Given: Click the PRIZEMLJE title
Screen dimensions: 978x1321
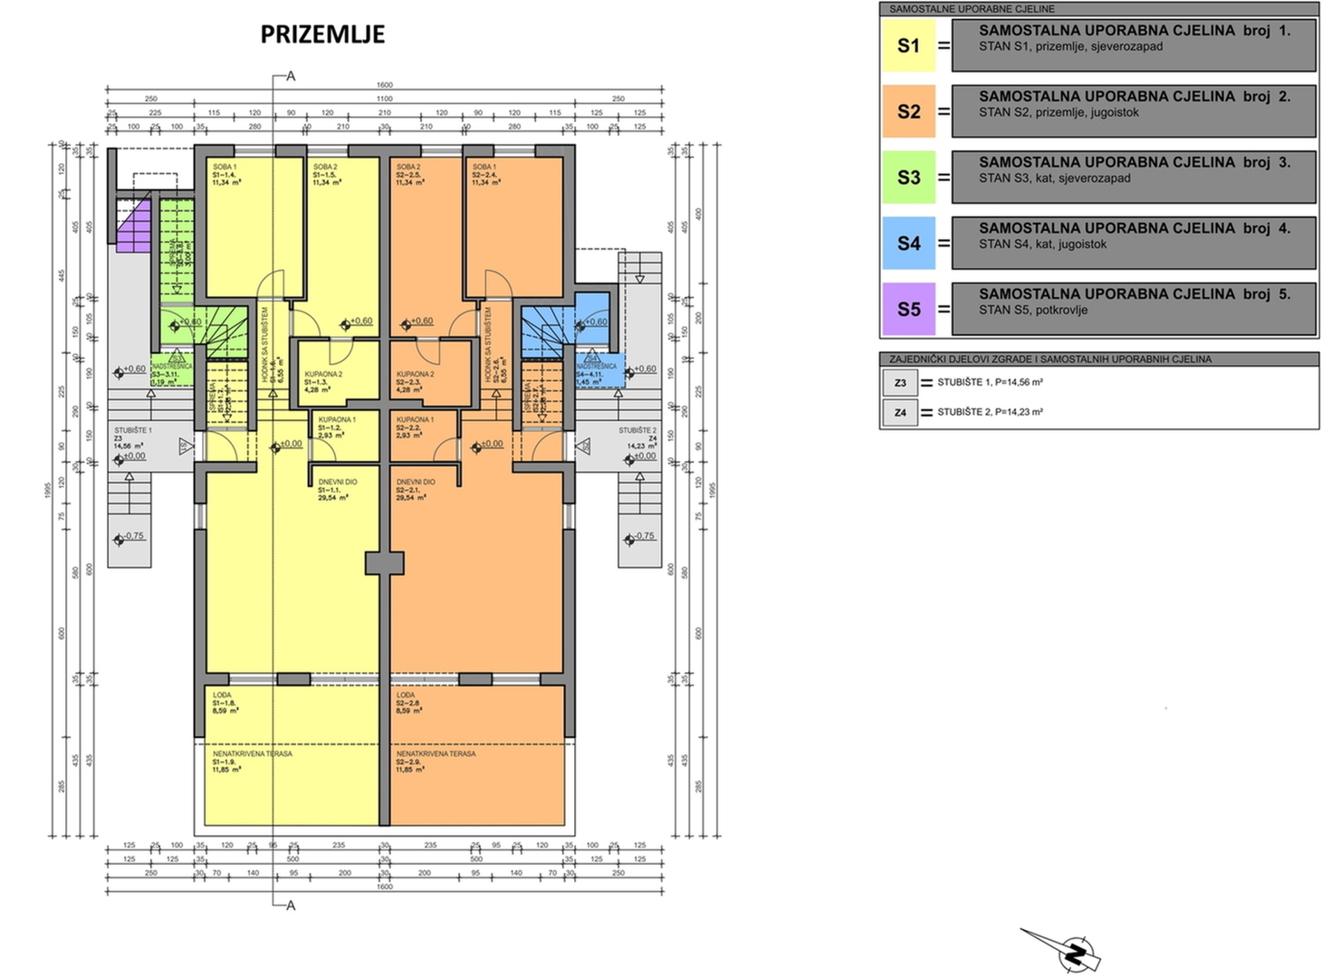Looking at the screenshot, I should coord(322,34).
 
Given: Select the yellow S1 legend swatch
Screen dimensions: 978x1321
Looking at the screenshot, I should coord(908,46).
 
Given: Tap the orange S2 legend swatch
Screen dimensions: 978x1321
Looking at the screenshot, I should coord(908,112).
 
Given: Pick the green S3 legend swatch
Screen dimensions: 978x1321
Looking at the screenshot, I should coord(908,177).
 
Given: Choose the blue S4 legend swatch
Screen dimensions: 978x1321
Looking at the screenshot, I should coord(908,244).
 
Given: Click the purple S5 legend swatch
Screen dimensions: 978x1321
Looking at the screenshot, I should coord(908,310).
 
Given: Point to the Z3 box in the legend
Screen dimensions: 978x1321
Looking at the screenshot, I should coord(900,383).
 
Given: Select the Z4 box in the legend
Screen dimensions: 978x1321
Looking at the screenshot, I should coord(900,413).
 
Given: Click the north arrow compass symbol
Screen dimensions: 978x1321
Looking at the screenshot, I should coord(1075,953).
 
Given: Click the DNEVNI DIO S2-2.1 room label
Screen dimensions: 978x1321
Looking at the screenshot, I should coord(415,490).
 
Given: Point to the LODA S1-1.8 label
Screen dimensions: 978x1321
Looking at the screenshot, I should coord(225,703).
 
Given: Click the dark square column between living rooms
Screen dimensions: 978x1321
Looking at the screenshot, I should coord(385,563).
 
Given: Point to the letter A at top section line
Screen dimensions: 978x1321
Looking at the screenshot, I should coord(291,77).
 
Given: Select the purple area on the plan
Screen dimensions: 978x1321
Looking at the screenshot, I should coord(133,227).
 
